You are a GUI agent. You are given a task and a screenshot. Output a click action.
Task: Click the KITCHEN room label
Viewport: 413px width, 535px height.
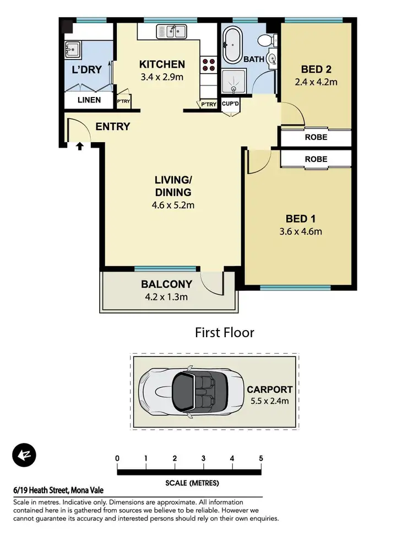pos(162,64)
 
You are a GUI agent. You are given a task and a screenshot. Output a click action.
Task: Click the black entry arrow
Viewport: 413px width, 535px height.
pos(80,147)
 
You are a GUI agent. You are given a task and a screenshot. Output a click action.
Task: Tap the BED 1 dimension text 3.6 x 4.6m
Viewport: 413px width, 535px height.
pos(300,231)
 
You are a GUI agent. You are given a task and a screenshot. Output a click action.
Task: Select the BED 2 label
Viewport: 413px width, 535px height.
pos(316,70)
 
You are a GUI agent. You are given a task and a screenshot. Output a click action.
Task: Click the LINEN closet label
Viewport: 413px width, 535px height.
pos(89,100)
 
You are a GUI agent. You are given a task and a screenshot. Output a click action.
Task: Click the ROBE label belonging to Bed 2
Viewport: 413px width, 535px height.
pos(316,138)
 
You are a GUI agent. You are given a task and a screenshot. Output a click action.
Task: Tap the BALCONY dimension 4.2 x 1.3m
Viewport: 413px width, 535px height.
pos(166,298)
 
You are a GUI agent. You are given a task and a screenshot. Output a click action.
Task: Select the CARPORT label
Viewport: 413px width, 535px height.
pos(270,390)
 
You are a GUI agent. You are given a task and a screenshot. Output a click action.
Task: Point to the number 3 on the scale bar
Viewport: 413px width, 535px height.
pos(203,458)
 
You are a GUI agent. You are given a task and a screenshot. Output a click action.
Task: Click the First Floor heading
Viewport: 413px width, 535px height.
pos(224,333)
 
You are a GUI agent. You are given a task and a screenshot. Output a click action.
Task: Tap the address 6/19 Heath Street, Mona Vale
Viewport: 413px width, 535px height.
pos(58,490)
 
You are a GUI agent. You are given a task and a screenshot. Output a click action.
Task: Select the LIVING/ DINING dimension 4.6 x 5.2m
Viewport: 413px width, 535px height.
pos(172,206)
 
